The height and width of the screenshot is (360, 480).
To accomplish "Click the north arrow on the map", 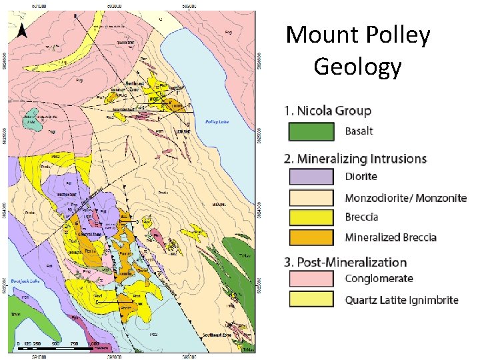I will pos(21,31).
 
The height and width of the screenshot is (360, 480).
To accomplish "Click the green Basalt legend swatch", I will pos(311,131).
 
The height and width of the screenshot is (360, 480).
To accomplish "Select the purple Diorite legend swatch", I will pos(311,177).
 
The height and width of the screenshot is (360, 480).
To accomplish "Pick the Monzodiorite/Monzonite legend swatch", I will pos(311,198).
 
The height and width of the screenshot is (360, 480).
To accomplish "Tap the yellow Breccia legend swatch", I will pos(311,217).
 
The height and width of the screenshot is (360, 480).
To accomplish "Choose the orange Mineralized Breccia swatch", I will pos(311,237).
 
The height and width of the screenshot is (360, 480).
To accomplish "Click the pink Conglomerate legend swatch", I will pos(311,279).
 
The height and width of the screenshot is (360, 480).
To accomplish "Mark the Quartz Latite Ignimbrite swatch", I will pos(311,299).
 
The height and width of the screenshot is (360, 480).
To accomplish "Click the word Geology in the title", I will pos(357,67).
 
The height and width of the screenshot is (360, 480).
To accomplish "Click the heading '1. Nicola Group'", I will pos(327,111).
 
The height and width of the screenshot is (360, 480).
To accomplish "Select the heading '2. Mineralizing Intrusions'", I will pos(355,159).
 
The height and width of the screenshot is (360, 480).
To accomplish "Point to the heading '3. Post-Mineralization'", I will pos(345,262).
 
